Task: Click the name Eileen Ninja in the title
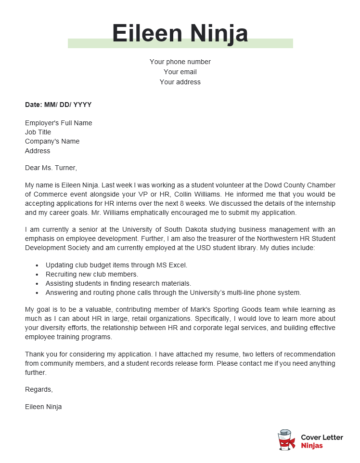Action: (x=180, y=33)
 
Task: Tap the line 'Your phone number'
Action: (x=180, y=62)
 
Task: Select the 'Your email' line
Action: (x=180, y=72)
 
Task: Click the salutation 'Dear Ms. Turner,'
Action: (x=54, y=168)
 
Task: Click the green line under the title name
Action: (x=180, y=50)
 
